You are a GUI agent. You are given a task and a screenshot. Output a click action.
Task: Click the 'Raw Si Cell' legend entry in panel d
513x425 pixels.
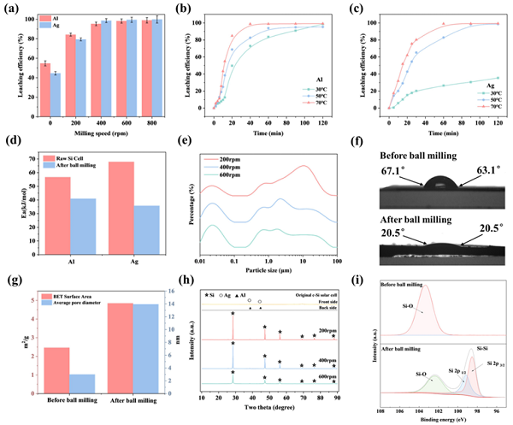coord(68,160)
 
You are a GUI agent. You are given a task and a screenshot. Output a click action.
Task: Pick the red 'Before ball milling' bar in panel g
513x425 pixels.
coord(56,366)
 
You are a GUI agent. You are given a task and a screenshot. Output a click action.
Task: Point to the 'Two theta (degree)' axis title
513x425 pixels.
coord(267,409)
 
